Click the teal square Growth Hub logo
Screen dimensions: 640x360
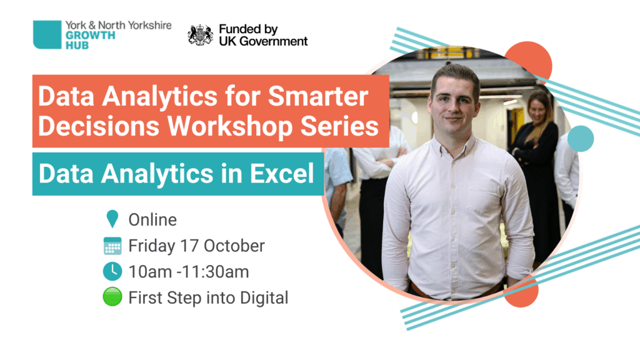(x=47, y=35)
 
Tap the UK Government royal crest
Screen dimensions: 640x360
(x=200, y=35)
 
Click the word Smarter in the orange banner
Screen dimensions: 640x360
(x=318, y=96)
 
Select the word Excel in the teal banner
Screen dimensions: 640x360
(x=282, y=174)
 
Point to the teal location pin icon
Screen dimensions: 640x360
(x=112, y=219)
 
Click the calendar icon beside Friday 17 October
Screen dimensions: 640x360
(x=112, y=246)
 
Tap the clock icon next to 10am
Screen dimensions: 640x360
(x=112, y=271)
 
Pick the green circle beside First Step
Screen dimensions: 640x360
(x=112, y=297)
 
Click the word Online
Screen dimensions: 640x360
(x=152, y=220)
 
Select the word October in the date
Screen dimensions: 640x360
(x=234, y=246)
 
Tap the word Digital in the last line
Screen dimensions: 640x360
(x=264, y=298)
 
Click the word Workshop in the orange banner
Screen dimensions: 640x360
(x=231, y=126)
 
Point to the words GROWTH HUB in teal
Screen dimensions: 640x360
(x=90, y=41)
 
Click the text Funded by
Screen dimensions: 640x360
(x=248, y=29)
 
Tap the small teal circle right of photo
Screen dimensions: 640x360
(x=581, y=139)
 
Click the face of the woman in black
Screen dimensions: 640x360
(x=539, y=109)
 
